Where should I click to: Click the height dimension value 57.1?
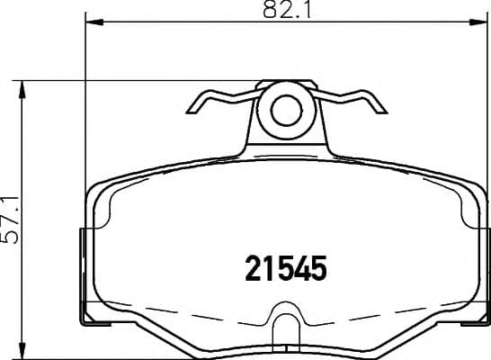point(11,221)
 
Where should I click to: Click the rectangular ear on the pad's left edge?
point(85,274)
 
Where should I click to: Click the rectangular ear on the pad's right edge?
point(486,274)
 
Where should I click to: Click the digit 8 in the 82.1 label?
point(272,12)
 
